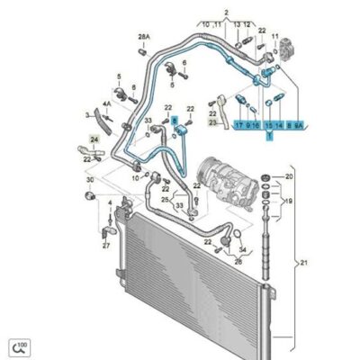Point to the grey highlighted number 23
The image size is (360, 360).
pyautogui.click(x=212, y=122)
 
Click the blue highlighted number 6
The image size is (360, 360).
pyautogui.click(x=176, y=119)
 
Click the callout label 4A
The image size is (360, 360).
pyautogui.click(x=106, y=103)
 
